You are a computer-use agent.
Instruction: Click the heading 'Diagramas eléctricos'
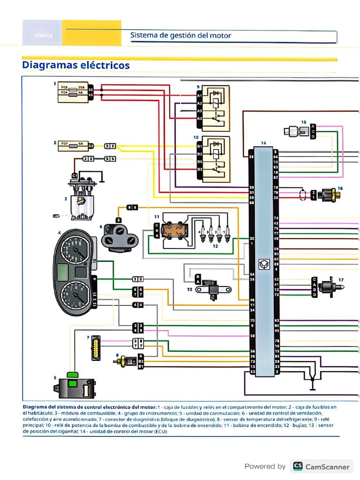pyautogui.click(x=76, y=65)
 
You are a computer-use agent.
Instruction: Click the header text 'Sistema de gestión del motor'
pyautogui.click(x=180, y=35)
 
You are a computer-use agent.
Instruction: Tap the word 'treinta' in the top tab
pyautogui.click(x=43, y=36)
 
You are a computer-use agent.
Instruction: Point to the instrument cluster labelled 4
pyautogui.click(x=74, y=272)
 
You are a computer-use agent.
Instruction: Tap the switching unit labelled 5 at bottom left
pyautogui.click(x=74, y=386)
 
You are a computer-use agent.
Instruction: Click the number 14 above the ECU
pyautogui.click(x=263, y=142)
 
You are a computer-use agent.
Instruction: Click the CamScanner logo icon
pyautogui.click(x=297, y=466)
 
